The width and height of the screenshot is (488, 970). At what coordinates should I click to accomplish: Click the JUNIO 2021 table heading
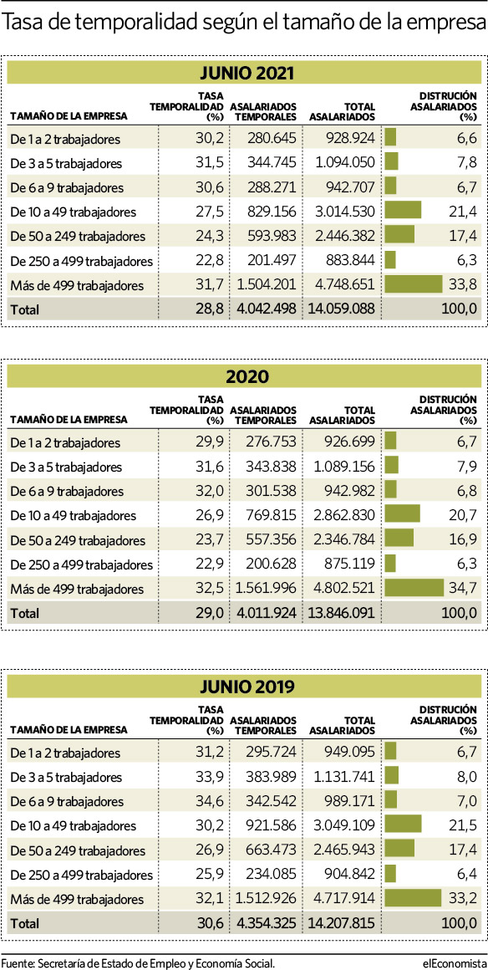[247, 74]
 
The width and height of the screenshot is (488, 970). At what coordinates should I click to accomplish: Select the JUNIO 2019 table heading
[247, 686]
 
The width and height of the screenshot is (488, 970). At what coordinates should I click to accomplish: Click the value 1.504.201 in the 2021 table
[267, 286]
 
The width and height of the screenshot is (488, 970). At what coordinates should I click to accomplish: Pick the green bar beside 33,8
[414, 284]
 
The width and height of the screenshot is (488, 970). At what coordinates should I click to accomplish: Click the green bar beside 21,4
[403, 211]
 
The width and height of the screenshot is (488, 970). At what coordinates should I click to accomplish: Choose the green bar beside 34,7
[414, 588]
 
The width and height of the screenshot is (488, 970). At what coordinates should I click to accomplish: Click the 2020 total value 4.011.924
[267, 613]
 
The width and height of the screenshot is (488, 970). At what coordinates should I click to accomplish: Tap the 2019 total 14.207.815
[342, 923]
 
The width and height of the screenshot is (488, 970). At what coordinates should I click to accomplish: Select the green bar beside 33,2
[413, 898]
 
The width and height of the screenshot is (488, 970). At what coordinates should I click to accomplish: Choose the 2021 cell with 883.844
[350, 261]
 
